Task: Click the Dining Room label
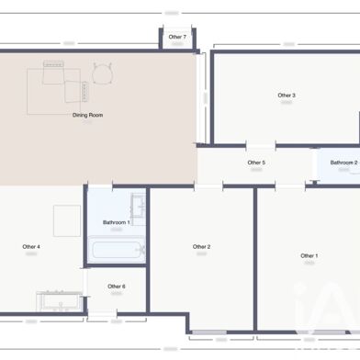coord(87,115)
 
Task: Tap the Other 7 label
coord(177,37)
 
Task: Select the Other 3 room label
coord(287,95)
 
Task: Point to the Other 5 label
coord(256,163)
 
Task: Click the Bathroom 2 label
coord(343,163)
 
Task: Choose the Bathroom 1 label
coord(116,222)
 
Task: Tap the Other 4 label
coord(31,246)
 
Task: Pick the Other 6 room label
coord(116,287)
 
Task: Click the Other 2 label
coord(202,246)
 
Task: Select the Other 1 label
coord(309,255)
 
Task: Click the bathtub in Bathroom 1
coord(116,249)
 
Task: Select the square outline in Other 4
coord(67,220)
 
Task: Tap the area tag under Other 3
coord(287,103)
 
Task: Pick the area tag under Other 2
coord(202,254)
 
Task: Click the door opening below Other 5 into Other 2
coord(208,186)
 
